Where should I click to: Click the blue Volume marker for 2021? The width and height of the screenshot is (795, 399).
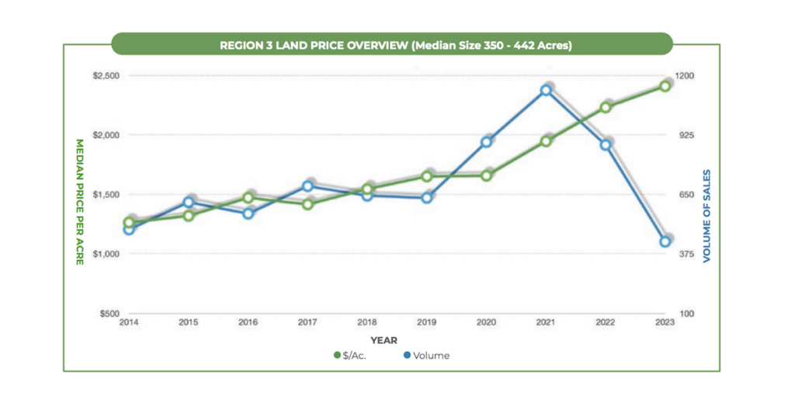[x=546, y=90]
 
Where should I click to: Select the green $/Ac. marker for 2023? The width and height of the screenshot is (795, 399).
[x=665, y=85]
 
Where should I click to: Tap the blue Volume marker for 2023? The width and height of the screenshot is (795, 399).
[x=665, y=241]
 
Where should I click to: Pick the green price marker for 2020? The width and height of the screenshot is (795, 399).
[x=486, y=175]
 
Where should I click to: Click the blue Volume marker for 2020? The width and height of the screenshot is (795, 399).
[x=486, y=142]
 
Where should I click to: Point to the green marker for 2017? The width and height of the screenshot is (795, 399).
[x=307, y=204]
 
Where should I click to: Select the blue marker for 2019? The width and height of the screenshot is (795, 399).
[x=426, y=198]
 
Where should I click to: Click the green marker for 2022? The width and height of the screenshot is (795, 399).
[x=606, y=107]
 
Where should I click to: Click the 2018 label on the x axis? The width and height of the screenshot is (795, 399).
[x=367, y=322]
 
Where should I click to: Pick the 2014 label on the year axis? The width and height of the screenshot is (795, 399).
[x=129, y=322]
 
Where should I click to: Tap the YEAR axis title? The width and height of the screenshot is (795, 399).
[x=384, y=340]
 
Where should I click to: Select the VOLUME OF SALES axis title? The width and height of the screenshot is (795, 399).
[x=706, y=216]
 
